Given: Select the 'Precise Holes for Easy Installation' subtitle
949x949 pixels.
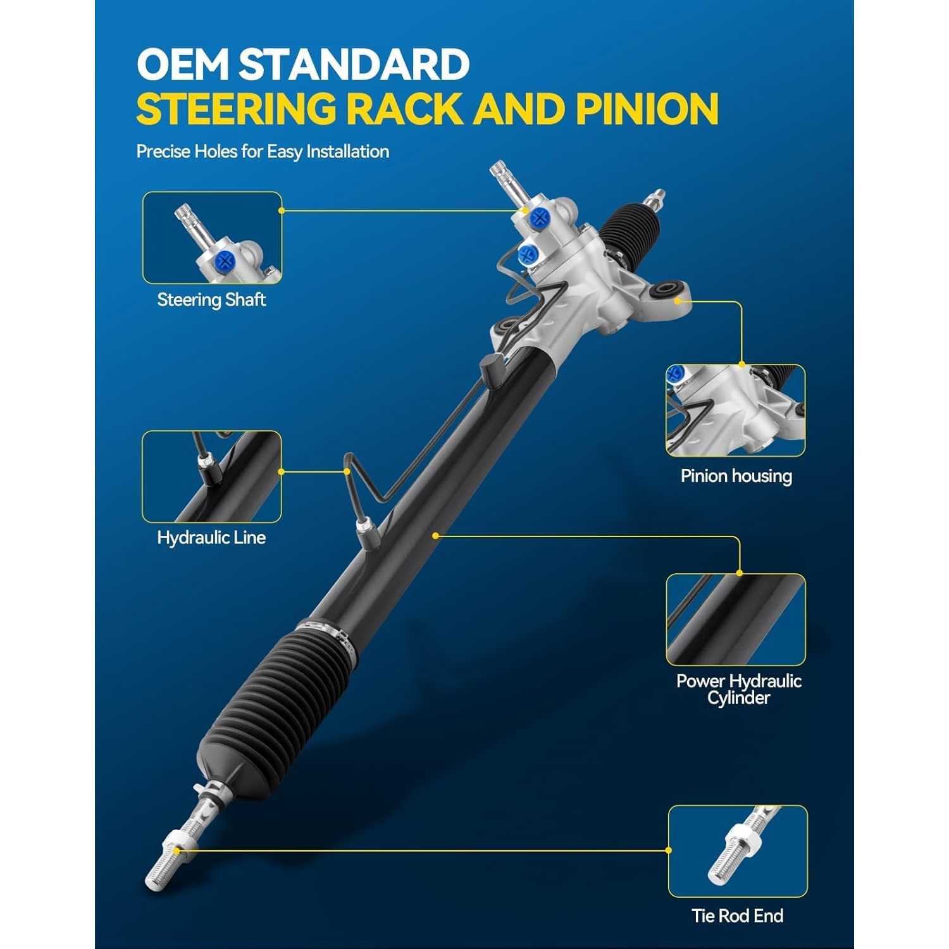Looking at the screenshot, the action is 263,152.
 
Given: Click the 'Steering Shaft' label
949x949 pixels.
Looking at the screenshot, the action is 211,300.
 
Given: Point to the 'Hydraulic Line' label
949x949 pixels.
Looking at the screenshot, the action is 211,538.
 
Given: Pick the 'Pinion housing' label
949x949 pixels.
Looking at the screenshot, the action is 736,476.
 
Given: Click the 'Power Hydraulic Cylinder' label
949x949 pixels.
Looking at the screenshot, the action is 738,690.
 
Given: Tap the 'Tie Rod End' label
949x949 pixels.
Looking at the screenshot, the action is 737,915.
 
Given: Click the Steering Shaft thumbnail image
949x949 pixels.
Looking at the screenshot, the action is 212,238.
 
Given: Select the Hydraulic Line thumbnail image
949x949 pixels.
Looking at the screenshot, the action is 211,476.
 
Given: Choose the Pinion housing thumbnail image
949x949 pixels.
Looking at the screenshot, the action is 735,411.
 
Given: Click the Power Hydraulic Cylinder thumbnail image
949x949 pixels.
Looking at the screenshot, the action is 736,619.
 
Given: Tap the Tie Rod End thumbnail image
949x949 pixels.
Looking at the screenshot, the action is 738,852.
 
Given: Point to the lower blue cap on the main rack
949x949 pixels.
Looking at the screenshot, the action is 528,256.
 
